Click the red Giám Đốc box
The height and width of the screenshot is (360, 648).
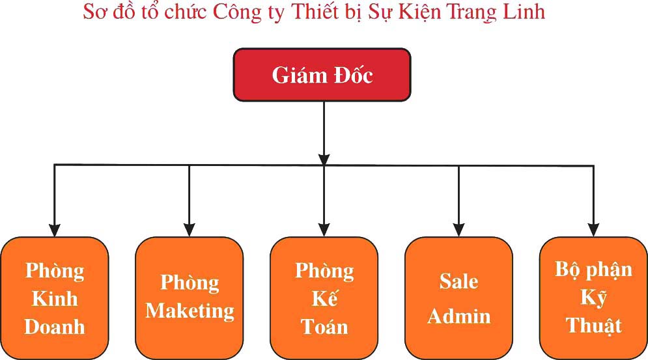(x=322, y=75)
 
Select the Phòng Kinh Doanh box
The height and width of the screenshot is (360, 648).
(x=54, y=298)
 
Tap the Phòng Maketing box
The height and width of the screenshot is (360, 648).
(x=189, y=298)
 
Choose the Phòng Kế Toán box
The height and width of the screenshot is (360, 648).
(x=324, y=298)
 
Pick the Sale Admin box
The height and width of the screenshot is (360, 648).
(x=458, y=298)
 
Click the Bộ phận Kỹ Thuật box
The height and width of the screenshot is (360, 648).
(x=593, y=298)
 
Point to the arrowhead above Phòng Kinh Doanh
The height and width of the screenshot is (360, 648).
(x=55, y=229)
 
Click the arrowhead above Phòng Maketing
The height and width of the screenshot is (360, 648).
(x=190, y=229)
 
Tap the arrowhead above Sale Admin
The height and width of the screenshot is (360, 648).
(x=458, y=229)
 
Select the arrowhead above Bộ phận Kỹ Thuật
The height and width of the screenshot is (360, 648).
(x=593, y=229)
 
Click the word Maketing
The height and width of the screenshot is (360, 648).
(x=190, y=311)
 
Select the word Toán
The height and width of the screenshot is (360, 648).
(x=324, y=326)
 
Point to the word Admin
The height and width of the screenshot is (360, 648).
(x=458, y=316)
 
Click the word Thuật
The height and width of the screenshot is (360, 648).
(x=593, y=325)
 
